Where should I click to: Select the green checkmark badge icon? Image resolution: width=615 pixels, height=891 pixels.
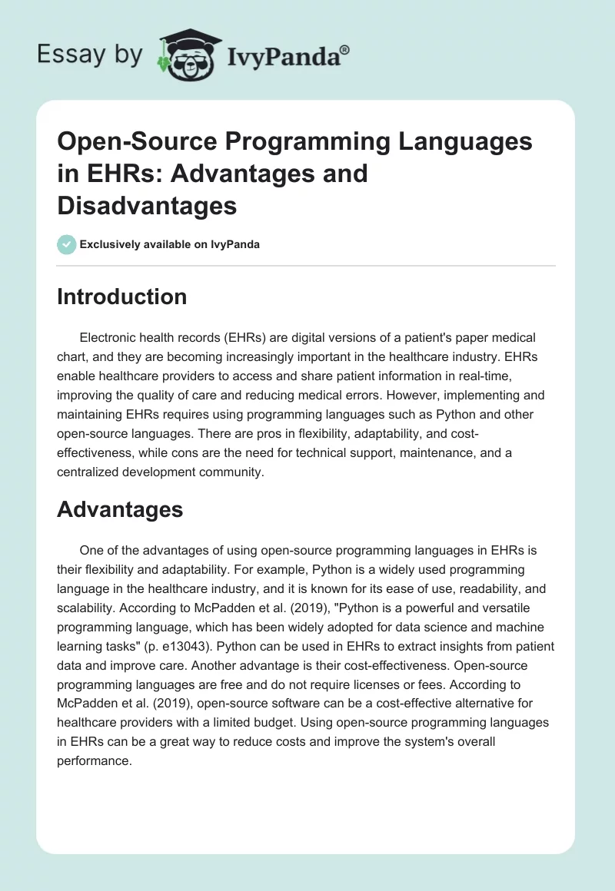click(66, 244)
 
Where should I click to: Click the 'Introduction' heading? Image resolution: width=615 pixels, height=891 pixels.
click(121, 297)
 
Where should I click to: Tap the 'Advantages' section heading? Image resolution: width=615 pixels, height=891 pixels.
click(120, 509)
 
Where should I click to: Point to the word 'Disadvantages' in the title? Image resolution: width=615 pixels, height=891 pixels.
click(146, 205)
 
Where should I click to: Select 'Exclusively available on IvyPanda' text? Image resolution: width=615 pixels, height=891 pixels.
click(170, 245)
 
